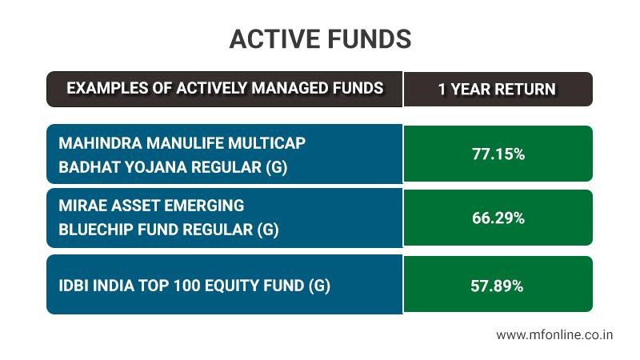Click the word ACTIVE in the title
click(x=275, y=39)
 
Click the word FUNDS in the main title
click(x=370, y=39)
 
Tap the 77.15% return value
click(x=498, y=154)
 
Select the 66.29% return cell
click(x=498, y=218)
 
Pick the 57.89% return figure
click(x=497, y=286)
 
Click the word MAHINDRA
click(x=101, y=143)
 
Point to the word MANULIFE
click(x=185, y=143)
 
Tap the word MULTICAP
click(x=267, y=143)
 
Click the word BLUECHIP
click(x=96, y=230)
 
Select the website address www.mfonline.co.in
click(x=554, y=334)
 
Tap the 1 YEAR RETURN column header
click(x=497, y=90)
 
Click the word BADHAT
click(x=90, y=167)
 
